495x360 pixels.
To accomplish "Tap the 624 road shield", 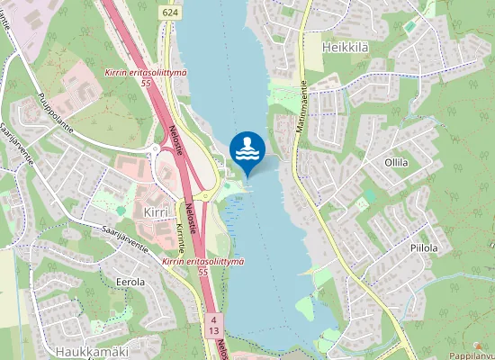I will coord(171,12).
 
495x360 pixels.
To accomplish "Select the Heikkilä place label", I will coord(348,45).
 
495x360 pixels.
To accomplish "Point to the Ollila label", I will coord(396,163).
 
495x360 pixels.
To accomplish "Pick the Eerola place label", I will coord(130,282).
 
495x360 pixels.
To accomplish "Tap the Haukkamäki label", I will coord(93,351).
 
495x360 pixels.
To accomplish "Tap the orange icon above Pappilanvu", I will coord(474,344).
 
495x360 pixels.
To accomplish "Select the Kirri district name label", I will coord(157,211).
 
